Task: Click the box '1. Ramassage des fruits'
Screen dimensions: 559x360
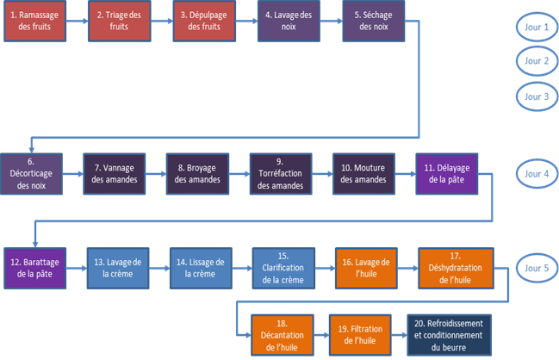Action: (x=35, y=21)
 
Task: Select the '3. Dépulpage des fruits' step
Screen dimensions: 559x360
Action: (x=204, y=21)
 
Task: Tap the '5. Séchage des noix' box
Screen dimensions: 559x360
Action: (x=374, y=21)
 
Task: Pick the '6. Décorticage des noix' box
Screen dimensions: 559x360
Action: (x=31, y=174)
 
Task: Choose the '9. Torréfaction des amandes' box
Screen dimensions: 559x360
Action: (x=281, y=174)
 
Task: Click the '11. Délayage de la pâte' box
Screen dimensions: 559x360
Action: (x=447, y=174)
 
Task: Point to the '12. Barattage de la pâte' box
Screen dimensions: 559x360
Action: (x=35, y=268)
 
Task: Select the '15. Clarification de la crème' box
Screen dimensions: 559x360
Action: (x=283, y=268)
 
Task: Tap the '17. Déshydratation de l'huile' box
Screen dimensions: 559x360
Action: (x=456, y=268)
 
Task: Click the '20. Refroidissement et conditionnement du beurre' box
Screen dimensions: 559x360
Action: (x=450, y=335)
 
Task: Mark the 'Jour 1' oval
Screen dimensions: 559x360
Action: (x=537, y=27)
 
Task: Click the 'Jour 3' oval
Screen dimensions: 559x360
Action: (x=537, y=96)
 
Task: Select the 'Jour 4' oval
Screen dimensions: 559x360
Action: (x=537, y=174)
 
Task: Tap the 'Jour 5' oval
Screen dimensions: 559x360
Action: (x=537, y=268)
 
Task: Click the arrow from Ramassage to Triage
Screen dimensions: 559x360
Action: (x=78, y=21)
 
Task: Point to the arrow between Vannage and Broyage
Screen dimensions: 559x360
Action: (x=156, y=174)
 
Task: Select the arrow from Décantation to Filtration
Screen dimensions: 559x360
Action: (x=321, y=335)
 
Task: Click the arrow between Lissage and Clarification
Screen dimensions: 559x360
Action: (x=242, y=268)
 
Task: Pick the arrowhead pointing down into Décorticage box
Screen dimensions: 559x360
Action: (x=31, y=150)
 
